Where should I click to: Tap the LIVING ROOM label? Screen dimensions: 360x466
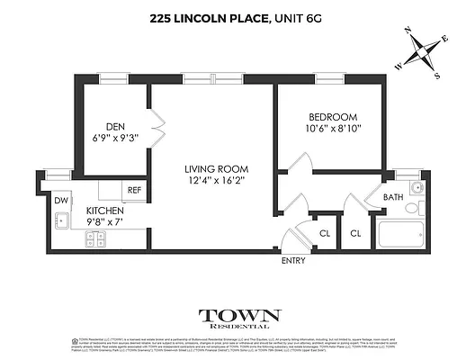(215, 168)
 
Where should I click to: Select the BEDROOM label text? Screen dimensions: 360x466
(333, 117)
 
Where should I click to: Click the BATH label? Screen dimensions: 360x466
(392, 197)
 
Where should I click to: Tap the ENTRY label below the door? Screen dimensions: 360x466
(293, 261)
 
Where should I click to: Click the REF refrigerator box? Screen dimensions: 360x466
(134, 191)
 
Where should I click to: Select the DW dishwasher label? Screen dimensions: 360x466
(61, 201)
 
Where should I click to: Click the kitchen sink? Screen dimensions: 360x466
(62, 220)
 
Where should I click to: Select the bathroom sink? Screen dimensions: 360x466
(416, 188)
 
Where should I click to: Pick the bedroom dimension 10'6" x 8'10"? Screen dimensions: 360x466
(333, 130)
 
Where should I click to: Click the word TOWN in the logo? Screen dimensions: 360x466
(239, 316)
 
